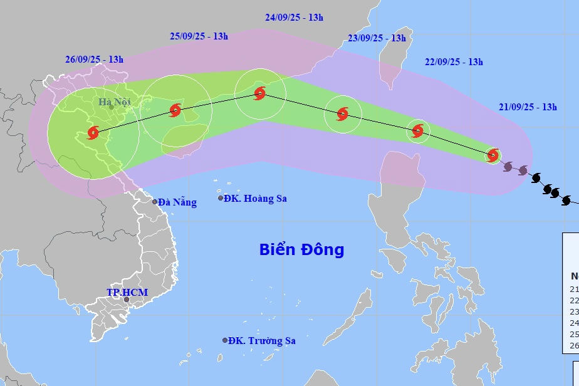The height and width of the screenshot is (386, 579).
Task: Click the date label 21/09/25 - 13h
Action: coord(528,107)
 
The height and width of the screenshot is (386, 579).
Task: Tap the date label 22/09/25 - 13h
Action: coord(454,62)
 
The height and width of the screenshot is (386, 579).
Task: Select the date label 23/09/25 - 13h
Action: coord(377,38)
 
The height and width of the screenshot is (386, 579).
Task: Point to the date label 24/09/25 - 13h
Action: coord(294,18)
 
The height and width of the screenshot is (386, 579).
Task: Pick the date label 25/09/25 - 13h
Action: coord(199,36)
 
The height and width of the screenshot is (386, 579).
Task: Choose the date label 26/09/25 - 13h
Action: coord(94,60)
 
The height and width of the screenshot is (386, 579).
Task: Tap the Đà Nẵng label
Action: coord(177,202)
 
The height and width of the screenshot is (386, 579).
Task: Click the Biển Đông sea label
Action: coord(301,249)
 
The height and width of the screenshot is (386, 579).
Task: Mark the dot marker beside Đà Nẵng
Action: coord(155,201)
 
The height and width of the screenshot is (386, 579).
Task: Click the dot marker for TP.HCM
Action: coord(127,300)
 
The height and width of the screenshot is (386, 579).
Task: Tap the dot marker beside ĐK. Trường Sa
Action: coord(225,340)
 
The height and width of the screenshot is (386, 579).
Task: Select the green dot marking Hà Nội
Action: coord(112,107)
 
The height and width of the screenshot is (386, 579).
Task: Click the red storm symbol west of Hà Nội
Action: coord(93,132)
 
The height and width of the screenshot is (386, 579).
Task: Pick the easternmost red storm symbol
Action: coord(493,154)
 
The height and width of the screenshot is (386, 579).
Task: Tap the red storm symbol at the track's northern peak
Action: coord(260,94)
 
